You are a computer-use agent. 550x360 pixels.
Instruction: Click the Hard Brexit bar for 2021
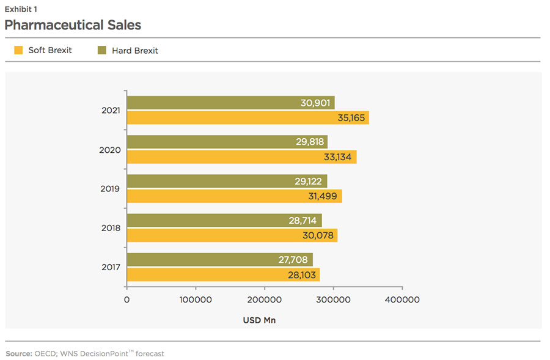pyautogui.click(x=230, y=103)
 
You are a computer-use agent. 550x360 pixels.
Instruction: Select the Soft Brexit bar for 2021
pyautogui.click(x=248, y=117)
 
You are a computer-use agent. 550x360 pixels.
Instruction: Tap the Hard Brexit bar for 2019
pyautogui.click(x=227, y=181)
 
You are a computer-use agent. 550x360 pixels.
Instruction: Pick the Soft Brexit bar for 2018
pyautogui.click(x=232, y=235)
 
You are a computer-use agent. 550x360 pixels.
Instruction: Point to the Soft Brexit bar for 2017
pyautogui.click(x=223, y=274)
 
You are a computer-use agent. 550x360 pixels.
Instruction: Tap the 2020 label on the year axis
pyautogui.click(x=110, y=150)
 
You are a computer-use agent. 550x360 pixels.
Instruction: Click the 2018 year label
pyautogui.click(x=110, y=228)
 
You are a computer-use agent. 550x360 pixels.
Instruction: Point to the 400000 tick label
pyautogui.click(x=402, y=300)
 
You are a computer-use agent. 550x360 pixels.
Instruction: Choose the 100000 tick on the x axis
pyautogui.click(x=196, y=300)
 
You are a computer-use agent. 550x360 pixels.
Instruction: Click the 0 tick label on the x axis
pyautogui.click(x=127, y=300)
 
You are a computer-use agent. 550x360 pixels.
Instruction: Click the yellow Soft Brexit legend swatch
pyautogui.click(x=18, y=50)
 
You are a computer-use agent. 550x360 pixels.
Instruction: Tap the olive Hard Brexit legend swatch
pyautogui.click(x=102, y=50)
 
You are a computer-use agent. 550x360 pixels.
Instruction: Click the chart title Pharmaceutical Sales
pyautogui.click(x=73, y=25)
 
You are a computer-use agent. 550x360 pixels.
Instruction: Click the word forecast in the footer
pyautogui.click(x=150, y=353)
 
